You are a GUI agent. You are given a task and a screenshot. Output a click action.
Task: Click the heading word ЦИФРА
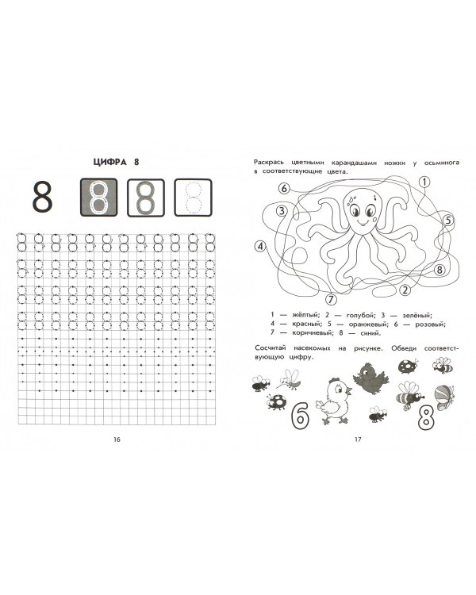(109, 162)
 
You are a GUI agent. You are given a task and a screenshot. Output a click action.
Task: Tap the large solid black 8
(42, 198)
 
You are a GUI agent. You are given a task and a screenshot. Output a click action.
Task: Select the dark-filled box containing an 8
(98, 198)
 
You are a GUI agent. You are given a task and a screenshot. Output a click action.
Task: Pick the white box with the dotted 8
(193, 198)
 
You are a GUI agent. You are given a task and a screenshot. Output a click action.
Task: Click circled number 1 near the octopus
(424, 182)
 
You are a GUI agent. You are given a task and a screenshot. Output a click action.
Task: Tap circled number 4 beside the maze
(260, 247)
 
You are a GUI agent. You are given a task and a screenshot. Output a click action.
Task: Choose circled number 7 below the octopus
(332, 299)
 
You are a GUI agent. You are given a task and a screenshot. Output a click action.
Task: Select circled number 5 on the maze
(449, 220)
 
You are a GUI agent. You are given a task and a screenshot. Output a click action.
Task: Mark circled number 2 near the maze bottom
(405, 290)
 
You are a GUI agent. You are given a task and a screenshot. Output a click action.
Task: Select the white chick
(334, 401)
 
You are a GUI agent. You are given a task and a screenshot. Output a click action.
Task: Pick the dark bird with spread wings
(370, 378)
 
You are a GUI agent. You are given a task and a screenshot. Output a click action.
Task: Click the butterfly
(444, 397)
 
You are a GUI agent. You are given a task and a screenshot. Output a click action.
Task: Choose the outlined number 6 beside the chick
(300, 416)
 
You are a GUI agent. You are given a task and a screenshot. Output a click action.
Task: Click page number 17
(358, 440)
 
